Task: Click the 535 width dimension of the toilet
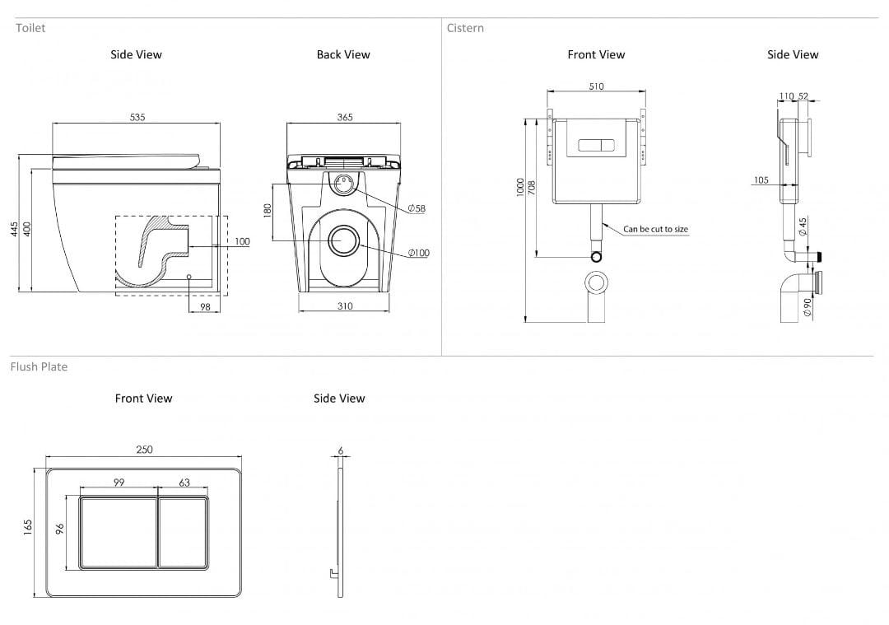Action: tap(137, 118)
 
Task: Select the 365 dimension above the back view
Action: tap(345, 118)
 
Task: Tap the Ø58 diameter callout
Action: tap(417, 208)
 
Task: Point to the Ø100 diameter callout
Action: tap(418, 253)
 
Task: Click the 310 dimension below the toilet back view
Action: tap(345, 306)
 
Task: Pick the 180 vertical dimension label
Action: tap(268, 211)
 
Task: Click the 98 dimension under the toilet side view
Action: tap(205, 307)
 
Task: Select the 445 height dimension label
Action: tap(14, 229)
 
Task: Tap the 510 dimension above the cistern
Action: tap(596, 86)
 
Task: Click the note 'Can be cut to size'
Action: tap(655, 229)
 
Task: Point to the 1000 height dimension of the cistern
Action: tap(519, 188)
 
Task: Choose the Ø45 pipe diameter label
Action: tap(803, 225)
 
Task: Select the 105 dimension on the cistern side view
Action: tap(761, 180)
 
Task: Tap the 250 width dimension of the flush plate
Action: tap(144, 450)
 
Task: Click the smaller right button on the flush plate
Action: tap(182, 533)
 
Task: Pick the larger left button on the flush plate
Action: tap(118, 533)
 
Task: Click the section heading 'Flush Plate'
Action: tap(39, 366)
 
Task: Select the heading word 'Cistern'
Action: tap(465, 28)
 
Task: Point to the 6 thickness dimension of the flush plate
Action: tap(340, 450)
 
